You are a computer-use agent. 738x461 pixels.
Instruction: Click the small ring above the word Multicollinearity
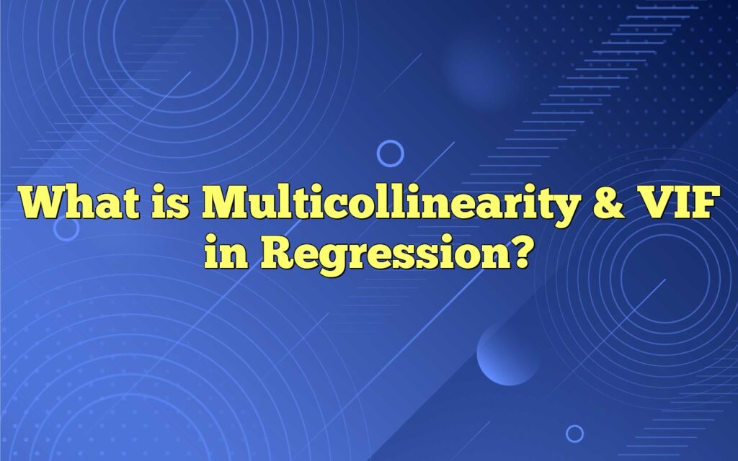(391, 153)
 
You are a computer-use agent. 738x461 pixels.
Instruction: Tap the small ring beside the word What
(67, 229)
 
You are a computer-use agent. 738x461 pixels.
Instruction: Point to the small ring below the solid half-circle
(574, 433)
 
